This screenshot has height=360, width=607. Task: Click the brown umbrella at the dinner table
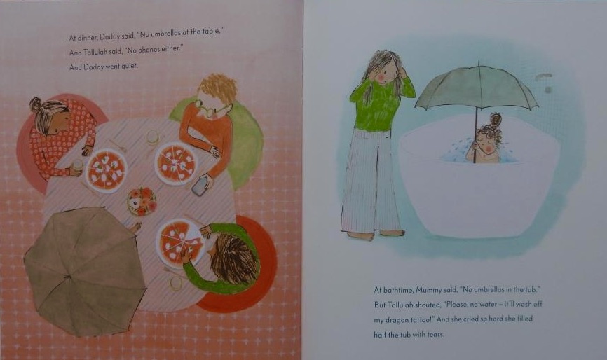tap(83, 271)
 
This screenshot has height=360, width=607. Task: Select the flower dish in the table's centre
tap(142, 200)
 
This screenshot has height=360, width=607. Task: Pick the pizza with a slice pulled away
tap(179, 243)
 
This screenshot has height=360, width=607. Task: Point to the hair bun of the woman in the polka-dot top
tap(36, 104)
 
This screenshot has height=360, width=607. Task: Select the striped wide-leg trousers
tap(371, 181)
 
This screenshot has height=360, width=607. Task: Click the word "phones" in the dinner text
tap(150, 50)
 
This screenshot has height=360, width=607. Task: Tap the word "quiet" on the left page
tap(129, 66)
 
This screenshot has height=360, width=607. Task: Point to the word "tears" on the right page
tap(435, 335)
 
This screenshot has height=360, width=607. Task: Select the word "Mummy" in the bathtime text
tap(418, 290)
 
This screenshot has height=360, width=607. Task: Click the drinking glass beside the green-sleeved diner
tap(176, 283)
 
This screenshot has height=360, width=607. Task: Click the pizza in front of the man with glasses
tap(176, 163)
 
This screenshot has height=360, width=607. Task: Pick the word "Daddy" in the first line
tap(110, 37)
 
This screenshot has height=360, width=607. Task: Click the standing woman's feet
tap(375, 235)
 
